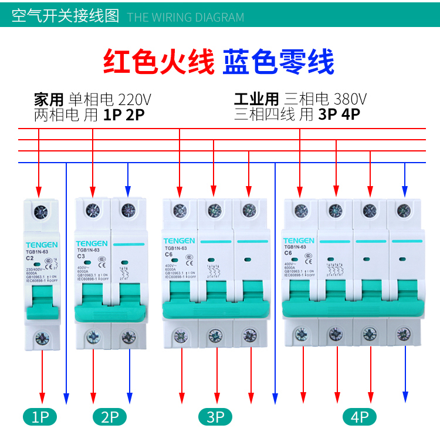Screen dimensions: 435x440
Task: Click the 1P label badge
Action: click(40, 417)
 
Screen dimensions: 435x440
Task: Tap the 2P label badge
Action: click(110, 417)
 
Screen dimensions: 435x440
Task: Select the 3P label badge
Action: click(216, 417)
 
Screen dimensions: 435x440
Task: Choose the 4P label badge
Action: click(359, 417)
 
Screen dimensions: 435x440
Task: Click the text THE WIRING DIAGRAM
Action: click(185, 17)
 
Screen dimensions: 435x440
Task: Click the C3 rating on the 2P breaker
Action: click(82, 256)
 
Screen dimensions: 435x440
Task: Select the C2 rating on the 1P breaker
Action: click(29, 258)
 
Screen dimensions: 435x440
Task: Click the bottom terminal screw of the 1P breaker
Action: click(41, 338)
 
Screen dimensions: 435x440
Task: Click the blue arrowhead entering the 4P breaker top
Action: click(404, 191)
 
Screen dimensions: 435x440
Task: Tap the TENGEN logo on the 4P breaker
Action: click(299, 241)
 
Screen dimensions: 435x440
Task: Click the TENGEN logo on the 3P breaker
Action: click(178, 241)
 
